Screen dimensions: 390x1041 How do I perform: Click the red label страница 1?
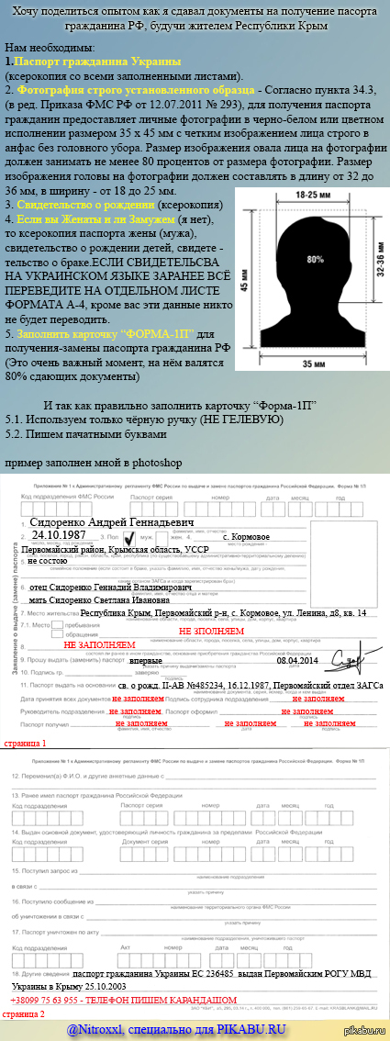pyautogui.click(x=23, y=717)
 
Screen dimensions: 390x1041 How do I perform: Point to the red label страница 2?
pyautogui.click(x=23, y=1014)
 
